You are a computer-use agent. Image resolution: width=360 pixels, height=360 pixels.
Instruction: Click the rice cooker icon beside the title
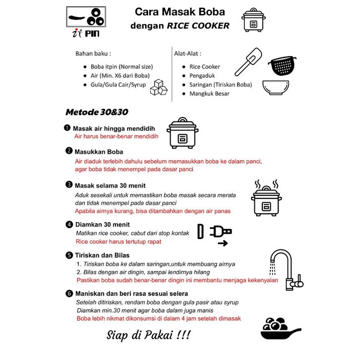(253, 20)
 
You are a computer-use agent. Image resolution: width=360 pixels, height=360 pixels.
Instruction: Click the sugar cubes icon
(159, 89)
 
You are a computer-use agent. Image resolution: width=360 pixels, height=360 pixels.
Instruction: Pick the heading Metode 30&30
(97, 112)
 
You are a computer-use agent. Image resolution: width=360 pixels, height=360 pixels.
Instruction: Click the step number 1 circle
(67, 128)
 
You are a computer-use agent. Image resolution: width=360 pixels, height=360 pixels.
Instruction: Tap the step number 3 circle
(69, 184)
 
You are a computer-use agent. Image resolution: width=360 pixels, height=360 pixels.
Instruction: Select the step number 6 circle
(69, 293)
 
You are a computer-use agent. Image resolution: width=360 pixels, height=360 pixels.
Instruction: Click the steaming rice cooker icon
(266, 198)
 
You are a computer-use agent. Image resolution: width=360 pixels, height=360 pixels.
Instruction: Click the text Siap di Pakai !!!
(148, 335)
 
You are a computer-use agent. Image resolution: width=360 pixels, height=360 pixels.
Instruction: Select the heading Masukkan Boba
(99, 151)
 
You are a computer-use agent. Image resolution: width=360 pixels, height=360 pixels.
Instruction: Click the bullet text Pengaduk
(202, 76)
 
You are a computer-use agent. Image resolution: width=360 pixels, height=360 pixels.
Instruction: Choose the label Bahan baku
(93, 53)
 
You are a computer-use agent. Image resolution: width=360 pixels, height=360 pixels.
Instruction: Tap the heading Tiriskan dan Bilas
(102, 255)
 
